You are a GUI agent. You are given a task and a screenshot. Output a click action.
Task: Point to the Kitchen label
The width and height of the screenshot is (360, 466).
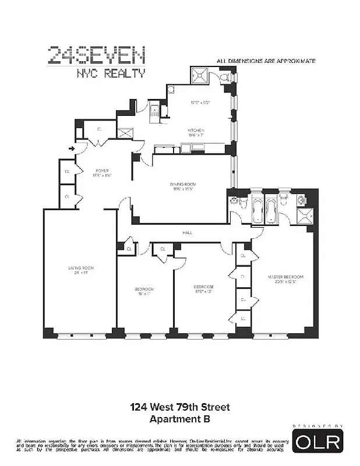[195, 130]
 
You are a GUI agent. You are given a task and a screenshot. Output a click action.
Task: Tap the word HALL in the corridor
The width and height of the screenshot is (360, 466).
[188, 232]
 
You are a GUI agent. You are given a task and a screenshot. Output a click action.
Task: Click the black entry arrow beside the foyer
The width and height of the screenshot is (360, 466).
[72, 149]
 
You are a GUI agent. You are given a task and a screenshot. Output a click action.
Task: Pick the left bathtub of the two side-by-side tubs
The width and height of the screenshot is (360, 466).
[257, 211]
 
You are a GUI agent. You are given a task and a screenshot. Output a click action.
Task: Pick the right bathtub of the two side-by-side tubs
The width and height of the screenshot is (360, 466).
[271, 211]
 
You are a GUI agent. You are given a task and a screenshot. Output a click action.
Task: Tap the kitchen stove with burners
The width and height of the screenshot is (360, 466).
[154, 110]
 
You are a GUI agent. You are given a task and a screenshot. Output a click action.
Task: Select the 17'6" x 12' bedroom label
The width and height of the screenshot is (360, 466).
[204, 288]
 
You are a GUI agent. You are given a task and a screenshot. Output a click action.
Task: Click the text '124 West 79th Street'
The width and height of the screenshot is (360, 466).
[180, 407]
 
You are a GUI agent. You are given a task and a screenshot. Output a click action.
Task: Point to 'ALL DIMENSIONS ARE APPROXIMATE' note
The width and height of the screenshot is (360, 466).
[266, 60]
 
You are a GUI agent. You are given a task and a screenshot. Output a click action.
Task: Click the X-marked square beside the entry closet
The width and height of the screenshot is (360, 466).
[125, 132]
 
